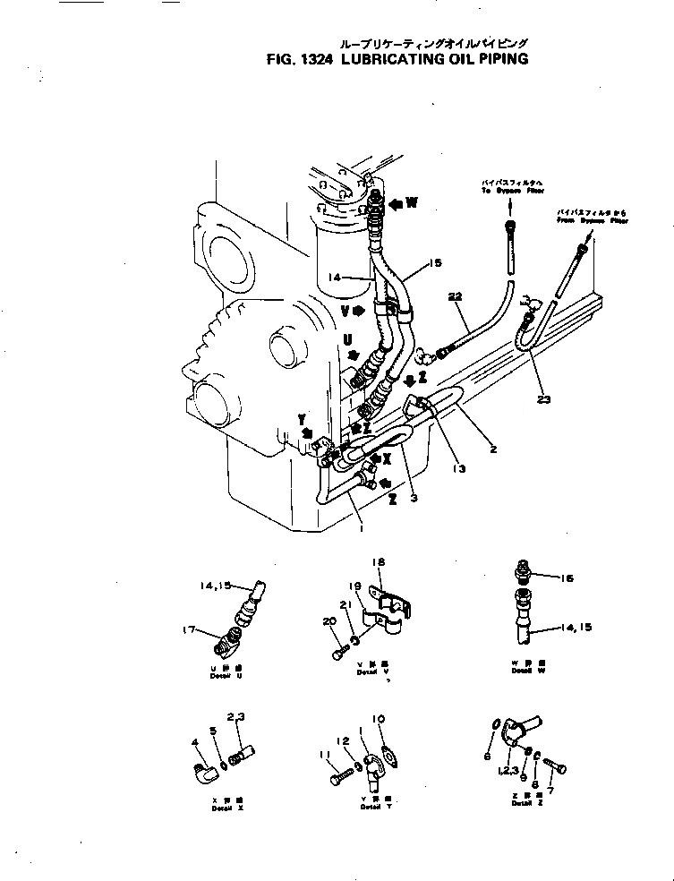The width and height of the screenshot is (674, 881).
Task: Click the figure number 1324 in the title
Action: pos(316,60)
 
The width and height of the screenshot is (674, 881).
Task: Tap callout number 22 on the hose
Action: pos(456,296)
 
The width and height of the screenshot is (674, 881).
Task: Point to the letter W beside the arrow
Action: pos(412,202)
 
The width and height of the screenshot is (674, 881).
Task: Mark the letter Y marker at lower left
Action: pos(303,419)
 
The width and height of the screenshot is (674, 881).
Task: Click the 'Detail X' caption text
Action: pos(222,808)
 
